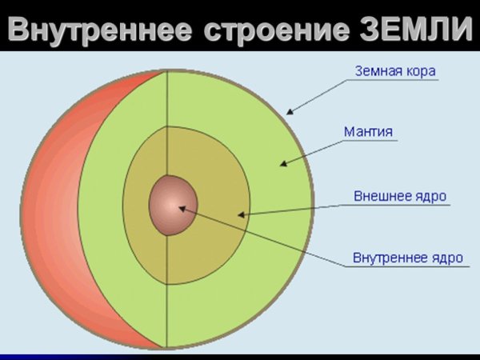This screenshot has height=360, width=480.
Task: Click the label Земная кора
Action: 395,71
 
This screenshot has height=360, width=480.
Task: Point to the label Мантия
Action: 367,130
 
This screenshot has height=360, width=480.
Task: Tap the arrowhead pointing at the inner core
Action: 182,210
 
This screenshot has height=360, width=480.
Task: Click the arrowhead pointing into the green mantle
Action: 282,164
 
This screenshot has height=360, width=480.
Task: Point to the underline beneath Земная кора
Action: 395,81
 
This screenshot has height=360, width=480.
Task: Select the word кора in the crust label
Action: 422,71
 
